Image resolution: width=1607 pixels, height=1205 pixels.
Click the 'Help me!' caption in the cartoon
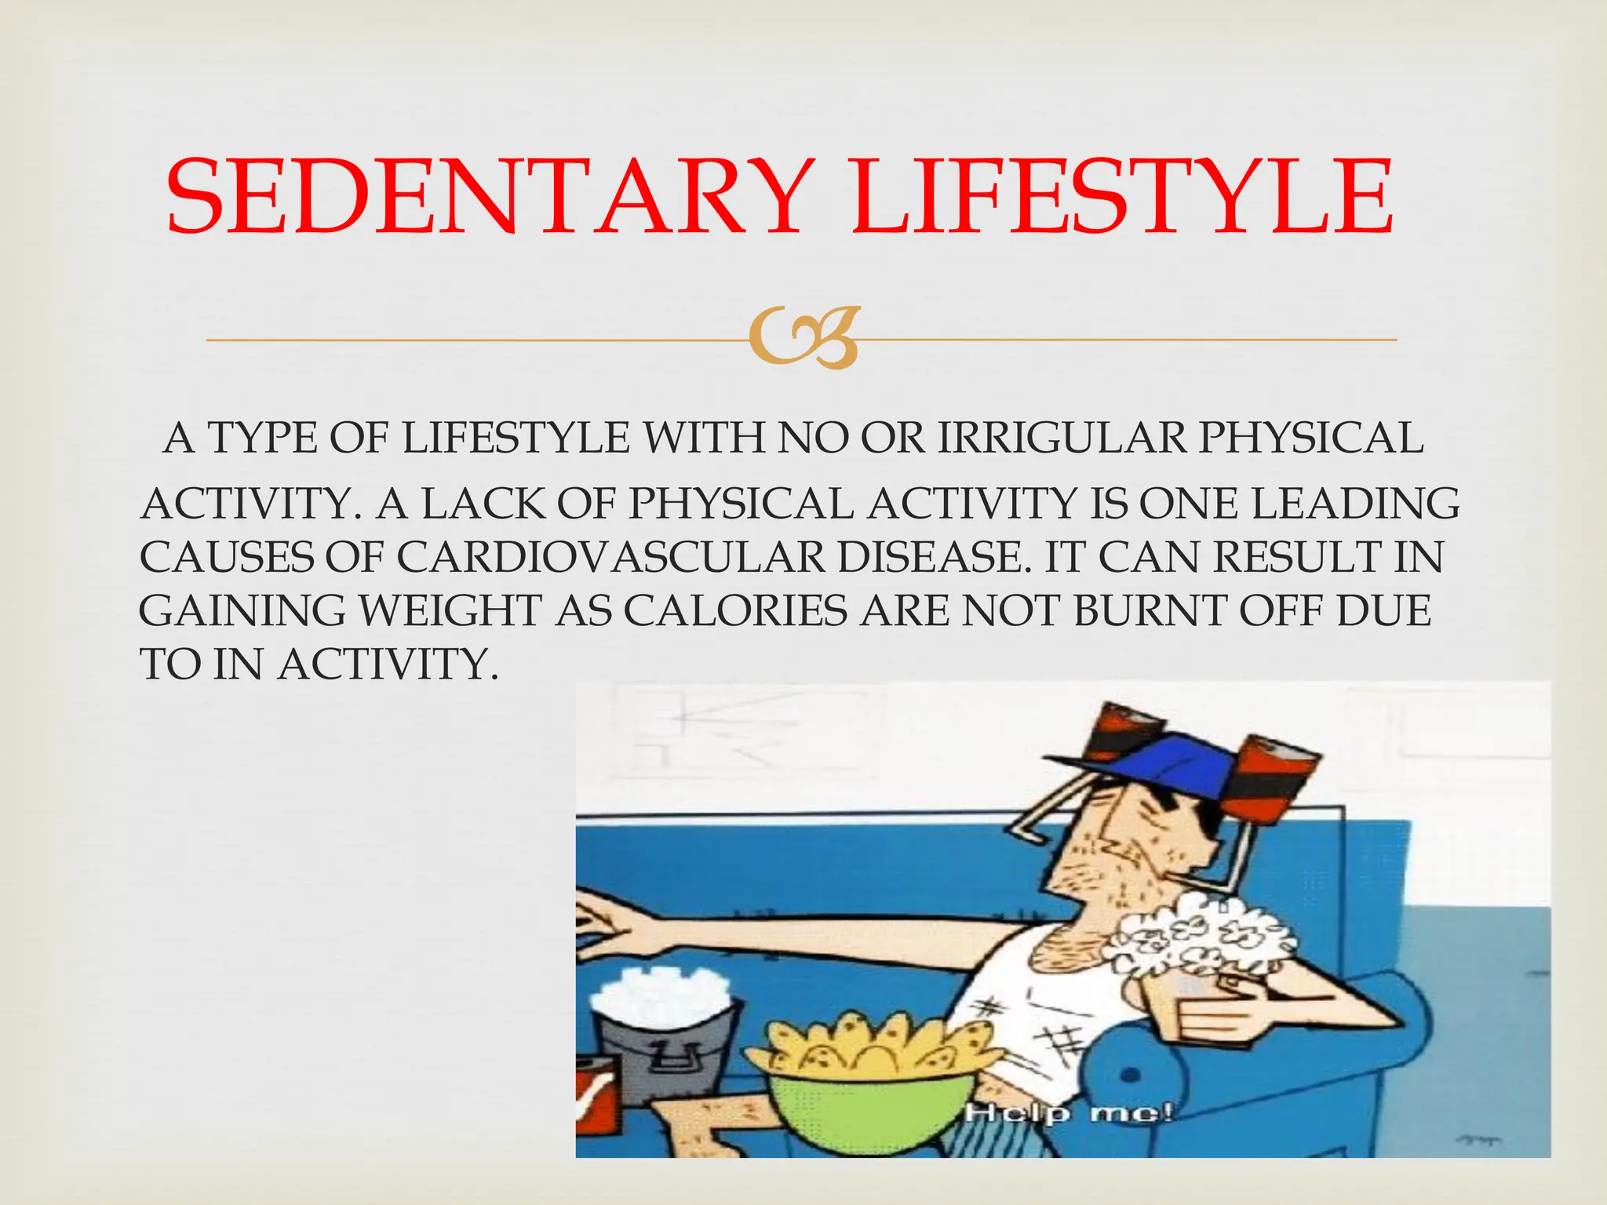pos(1068,1112)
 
